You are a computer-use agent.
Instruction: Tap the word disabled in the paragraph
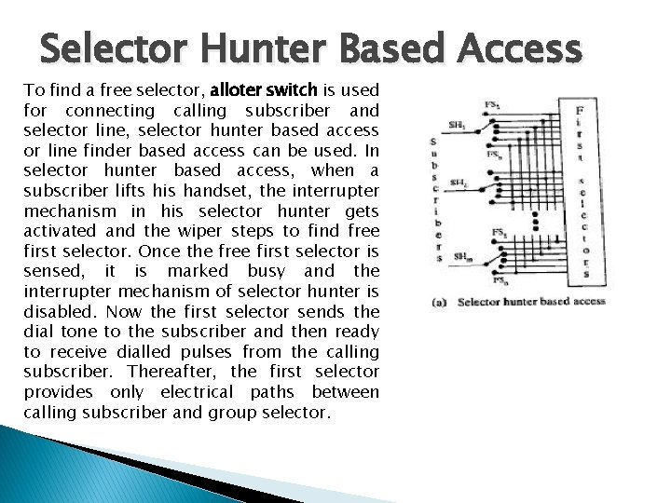[58, 311]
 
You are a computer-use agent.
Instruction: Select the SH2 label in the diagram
[458, 182]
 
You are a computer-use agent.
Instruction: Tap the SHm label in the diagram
[460, 255]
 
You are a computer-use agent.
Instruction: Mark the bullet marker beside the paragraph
[13, 90]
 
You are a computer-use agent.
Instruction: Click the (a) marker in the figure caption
[439, 301]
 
